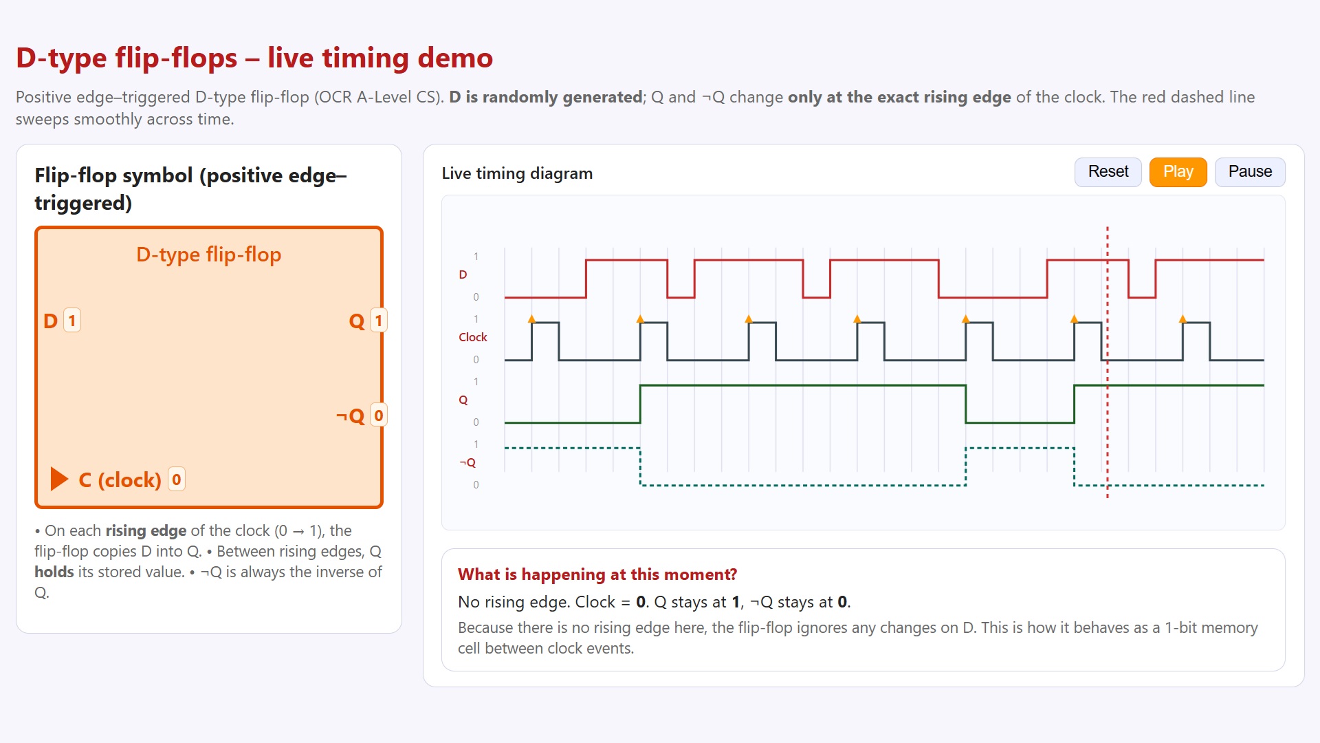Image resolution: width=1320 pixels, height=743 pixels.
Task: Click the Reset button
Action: point(1108,172)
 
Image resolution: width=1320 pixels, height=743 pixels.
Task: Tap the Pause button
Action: point(1249,172)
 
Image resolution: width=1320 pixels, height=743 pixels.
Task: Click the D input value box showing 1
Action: point(72,321)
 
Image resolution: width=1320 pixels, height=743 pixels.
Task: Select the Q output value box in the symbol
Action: point(378,321)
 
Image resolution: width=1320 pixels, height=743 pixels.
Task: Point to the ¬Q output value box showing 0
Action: point(378,416)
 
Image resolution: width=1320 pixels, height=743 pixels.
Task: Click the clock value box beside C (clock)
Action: point(177,480)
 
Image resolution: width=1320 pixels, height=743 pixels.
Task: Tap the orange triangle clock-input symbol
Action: point(59,479)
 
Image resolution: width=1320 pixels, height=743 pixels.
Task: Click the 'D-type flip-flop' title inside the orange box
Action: point(208,255)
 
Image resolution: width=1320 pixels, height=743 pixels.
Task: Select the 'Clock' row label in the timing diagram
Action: point(472,337)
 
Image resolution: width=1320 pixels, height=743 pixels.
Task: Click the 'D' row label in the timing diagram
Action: point(463,274)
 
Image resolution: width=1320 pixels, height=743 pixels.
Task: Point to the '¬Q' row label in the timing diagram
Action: point(467,462)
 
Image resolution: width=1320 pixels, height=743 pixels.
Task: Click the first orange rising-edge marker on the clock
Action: point(531,319)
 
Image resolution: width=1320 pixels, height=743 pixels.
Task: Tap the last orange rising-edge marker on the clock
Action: point(1182,319)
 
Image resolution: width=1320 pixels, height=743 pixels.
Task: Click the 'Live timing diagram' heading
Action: point(517,173)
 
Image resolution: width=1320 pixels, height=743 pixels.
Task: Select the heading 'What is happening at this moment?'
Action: point(597,574)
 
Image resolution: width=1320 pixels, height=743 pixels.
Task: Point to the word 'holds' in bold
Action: point(54,572)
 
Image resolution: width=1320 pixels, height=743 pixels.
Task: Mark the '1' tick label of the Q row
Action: point(476,382)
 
